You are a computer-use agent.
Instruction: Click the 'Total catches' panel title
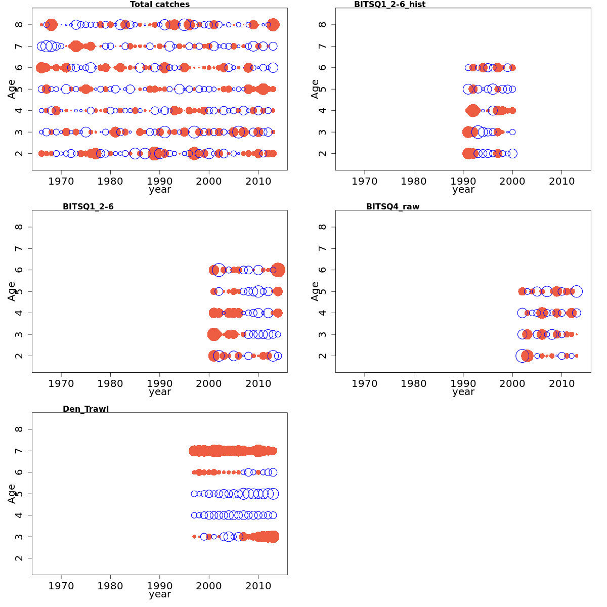point(160,5)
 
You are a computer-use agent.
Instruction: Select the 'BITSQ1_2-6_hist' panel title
point(389,5)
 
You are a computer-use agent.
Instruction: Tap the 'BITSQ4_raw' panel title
point(393,206)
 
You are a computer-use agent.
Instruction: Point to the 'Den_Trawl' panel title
point(85,409)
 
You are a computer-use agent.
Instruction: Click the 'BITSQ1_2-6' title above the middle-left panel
point(88,206)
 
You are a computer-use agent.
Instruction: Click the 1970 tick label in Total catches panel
point(61,181)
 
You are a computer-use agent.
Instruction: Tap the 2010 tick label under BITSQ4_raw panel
point(561,383)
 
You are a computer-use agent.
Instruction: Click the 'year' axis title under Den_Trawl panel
point(160,594)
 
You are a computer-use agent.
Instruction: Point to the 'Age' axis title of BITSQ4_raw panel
point(315,291)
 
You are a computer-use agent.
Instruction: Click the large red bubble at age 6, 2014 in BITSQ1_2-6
point(278,270)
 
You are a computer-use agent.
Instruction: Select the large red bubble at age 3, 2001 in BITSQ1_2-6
point(214,334)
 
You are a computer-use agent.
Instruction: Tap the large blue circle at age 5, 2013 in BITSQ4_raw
point(576,291)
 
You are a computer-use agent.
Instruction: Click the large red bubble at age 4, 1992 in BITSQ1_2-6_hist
point(473,110)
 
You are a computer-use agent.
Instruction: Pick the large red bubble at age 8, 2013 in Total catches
point(273,24)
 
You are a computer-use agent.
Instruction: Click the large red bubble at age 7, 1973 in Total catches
point(76,46)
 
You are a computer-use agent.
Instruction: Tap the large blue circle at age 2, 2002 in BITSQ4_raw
point(522,356)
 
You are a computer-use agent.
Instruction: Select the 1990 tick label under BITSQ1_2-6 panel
point(160,383)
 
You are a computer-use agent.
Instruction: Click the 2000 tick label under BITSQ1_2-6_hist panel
point(512,181)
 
